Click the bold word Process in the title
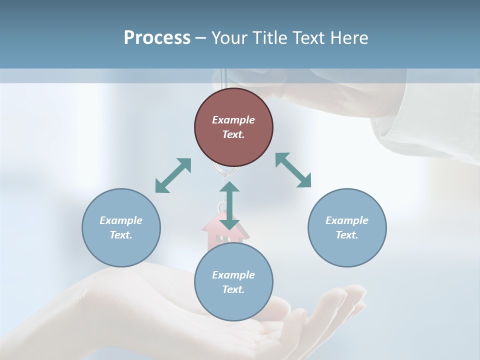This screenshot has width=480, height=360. click(x=157, y=37)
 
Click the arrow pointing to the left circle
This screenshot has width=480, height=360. click(x=173, y=175)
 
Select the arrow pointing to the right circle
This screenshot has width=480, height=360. click(x=293, y=170)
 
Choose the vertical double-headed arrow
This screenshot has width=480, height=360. click(x=229, y=205)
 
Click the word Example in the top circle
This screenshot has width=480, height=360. click(x=233, y=120)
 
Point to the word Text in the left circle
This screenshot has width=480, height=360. click(x=121, y=235)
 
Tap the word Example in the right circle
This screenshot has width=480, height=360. click(x=347, y=220)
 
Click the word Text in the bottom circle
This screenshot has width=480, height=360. click(x=233, y=289)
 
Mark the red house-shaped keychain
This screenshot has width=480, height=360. click(x=212, y=230)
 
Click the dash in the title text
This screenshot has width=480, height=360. click(x=201, y=38)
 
